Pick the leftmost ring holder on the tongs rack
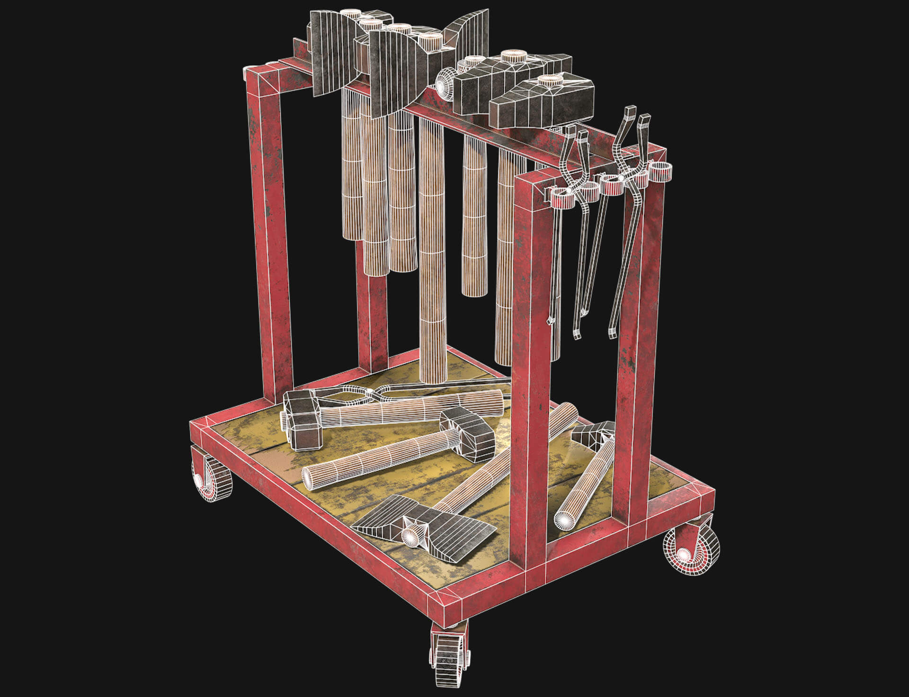click(x=561, y=197)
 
